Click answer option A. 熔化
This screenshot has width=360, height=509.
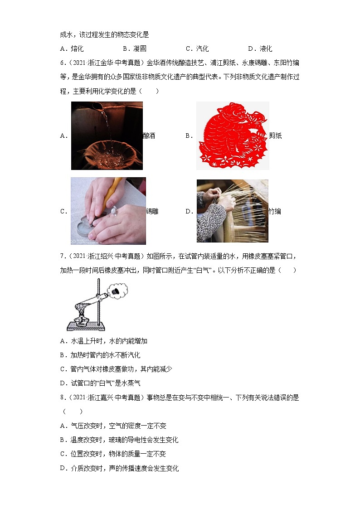pos(72,48)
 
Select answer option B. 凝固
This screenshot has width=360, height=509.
pos(135,48)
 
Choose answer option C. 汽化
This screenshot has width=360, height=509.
pos(197,48)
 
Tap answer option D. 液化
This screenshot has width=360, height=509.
pos(260,48)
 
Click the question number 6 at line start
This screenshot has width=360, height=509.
pos(62,63)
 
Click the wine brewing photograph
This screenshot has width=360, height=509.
pos(107,136)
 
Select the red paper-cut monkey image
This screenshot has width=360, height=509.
pos(232,136)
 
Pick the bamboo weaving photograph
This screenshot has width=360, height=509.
pos(232,211)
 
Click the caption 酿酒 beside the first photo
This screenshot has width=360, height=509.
pos(149,136)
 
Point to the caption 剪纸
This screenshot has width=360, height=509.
pos(275,136)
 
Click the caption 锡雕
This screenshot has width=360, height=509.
pos(152,211)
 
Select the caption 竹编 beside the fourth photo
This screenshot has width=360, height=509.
pos(275,211)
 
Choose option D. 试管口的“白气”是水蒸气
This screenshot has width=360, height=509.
pos(100,383)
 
